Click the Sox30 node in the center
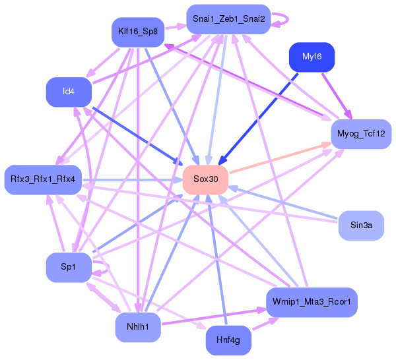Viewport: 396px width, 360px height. click(x=205, y=179)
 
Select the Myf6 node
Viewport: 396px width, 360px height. click(x=312, y=57)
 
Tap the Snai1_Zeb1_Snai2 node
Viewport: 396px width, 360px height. click(x=229, y=19)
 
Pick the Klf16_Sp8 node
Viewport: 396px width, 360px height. click(x=137, y=32)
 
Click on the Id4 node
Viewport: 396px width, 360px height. click(x=68, y=92)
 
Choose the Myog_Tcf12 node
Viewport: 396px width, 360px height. click(x=361, y=134)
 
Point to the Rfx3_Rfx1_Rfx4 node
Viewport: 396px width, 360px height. click(x=43, y=179)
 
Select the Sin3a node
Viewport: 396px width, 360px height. click(x=361, y=225)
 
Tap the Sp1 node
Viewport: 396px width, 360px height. click(x=68, y=266)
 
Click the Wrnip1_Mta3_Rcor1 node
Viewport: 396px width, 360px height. click(x=312, y=302)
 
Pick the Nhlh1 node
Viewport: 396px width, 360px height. click(x=137, y=327)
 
